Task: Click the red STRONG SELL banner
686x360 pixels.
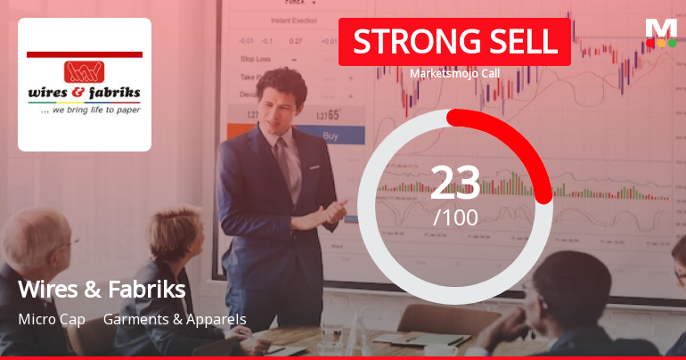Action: [x=454, y=42]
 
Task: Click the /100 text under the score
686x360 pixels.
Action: [x=455, y=217]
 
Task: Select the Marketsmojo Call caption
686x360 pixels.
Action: [x=454, y=74]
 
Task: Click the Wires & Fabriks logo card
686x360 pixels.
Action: [x=85, y=85]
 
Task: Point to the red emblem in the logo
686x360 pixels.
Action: [x=84, y=71]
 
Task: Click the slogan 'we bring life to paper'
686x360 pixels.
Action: [x=85, y=111]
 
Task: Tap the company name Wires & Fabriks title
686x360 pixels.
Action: [x=102, y=290]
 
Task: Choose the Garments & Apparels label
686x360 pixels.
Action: [x=175, y=319]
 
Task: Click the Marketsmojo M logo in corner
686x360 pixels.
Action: [x=660, y=32]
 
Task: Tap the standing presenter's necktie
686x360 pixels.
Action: [x=283, y=160]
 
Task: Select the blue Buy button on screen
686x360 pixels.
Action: [x=331, y=136]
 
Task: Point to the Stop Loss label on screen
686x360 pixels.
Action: [x=256, y=59]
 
